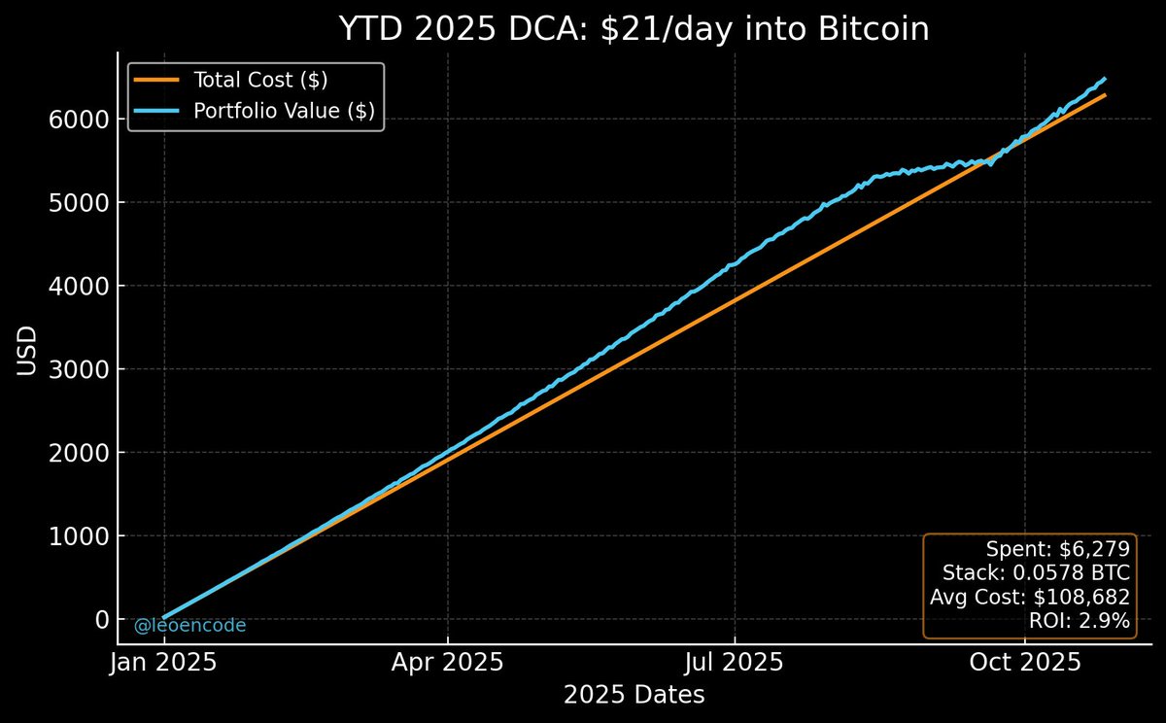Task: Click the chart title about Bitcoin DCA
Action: pyautogui.click(x=634, y=29)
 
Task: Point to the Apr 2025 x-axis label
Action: pyautogui.click(x=448, y=664)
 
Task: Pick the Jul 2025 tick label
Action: pyautogui.click(x=736, y=664)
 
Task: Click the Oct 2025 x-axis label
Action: pyautogui.click(x=1025, y=664)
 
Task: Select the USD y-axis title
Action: pyautogui.click(x=28, y=351)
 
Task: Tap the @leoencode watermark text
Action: pyautogui.click(x=189, y=626)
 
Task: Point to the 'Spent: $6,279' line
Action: pyautogui.click(x=1058, y=548)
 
